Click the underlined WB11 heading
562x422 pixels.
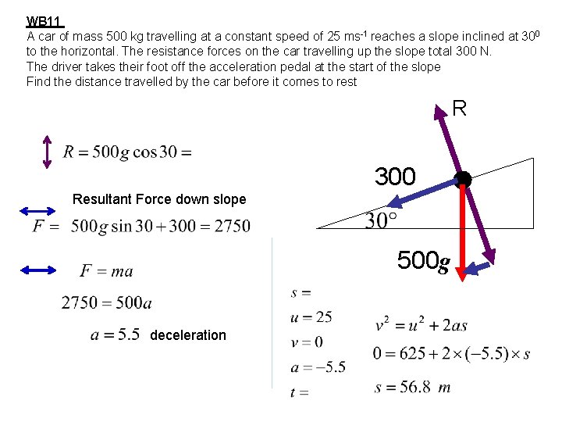click(x=45, y=22)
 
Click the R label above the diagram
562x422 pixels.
click(x=459, y=109)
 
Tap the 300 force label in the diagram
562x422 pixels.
click(x=395, y=176)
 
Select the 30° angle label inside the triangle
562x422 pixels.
click(x=381, y=220)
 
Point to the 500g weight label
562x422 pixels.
click(x=424, y=260)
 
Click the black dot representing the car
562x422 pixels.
click(x=463, y=179)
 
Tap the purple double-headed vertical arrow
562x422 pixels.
click(x=47, y=152)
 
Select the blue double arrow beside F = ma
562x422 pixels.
click(x=38, y=270)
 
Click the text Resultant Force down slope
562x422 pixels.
click(x=159, y=199)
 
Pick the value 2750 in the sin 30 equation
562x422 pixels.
click(x=233, y=226)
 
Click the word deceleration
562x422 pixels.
click(x=188, y=335)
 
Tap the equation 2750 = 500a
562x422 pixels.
click(x=106, y=302)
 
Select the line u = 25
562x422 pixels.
click(x=311, y=317)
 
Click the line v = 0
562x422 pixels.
click(x=307, y=342)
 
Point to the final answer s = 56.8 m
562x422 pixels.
click(x=412, y=387)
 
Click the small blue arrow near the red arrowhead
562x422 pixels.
click(x=478, y=268)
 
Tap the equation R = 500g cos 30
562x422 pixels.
click(x=127, y=152)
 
